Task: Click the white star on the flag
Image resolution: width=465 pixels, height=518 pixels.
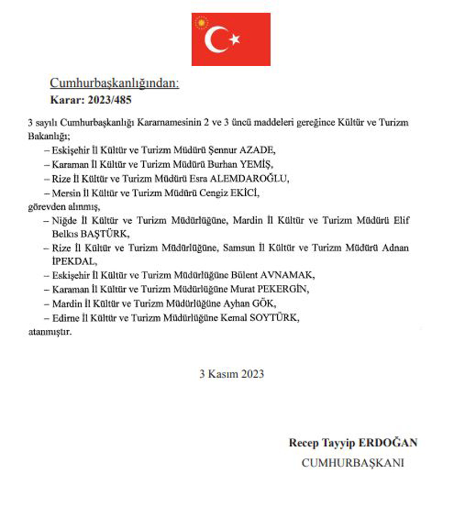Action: click(x=234, y=40)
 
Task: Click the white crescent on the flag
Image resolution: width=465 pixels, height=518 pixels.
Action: click(x=215, y=40)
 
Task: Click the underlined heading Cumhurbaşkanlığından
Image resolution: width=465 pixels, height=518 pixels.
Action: click(x=114, y=83)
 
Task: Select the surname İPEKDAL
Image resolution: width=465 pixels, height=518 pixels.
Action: click(x=69, y=262)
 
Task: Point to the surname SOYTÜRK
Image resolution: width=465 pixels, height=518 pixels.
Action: click(x=276, y=318)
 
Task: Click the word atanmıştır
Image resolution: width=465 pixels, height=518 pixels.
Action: click(x=49, y=331)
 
